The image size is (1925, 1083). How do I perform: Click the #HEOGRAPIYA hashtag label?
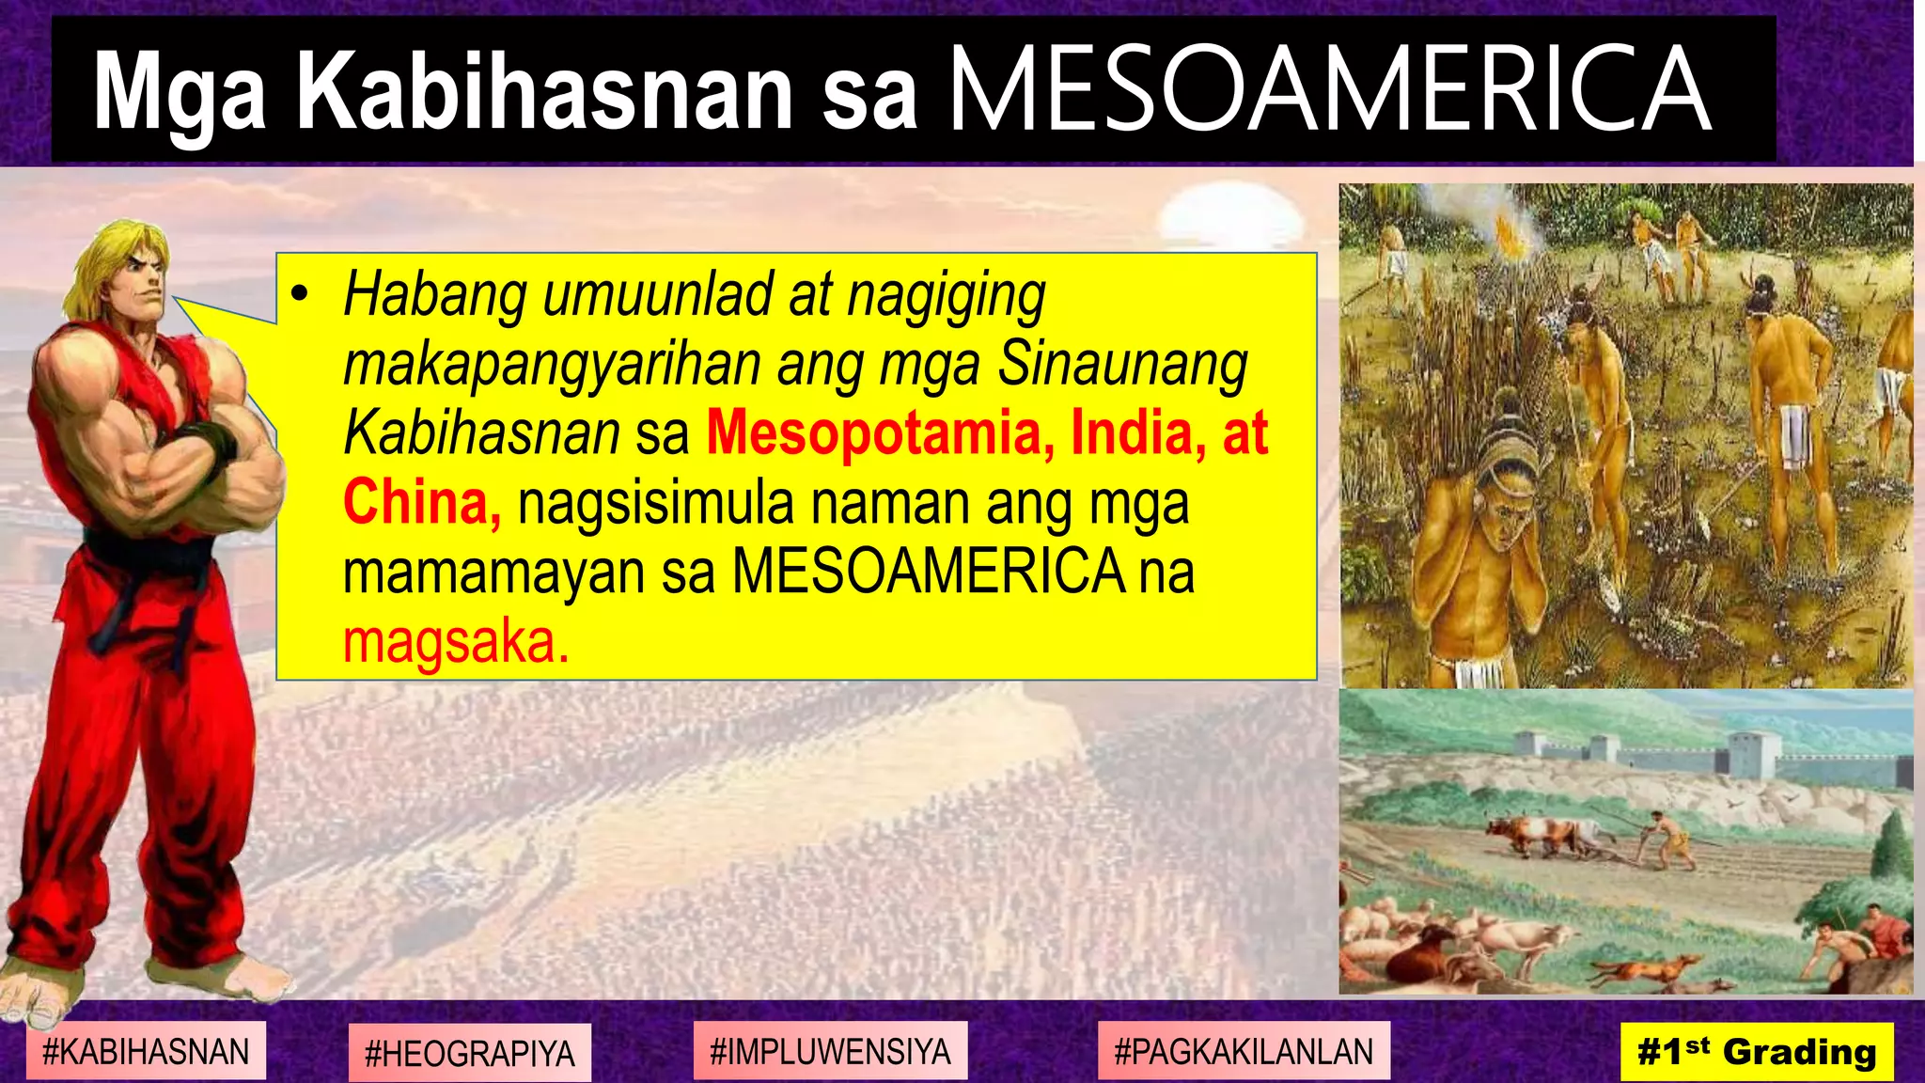tap(469, 1053)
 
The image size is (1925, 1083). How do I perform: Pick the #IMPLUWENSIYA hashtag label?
tap(830, 1051)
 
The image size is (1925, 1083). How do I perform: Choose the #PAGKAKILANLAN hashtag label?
tap(1243, 1051)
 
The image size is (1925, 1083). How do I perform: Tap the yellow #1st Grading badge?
tap(1756, 1051)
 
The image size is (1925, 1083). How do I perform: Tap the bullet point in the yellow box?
tap(300, 295)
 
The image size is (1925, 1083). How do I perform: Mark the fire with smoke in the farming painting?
tap(1510, 230)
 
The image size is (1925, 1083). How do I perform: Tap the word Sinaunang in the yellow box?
tap(1122, 364)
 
